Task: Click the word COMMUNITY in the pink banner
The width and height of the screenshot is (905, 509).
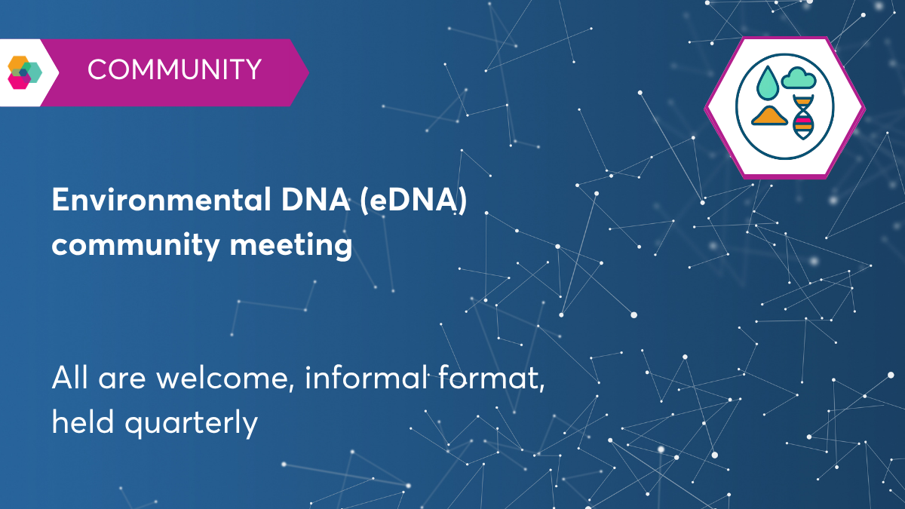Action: pos(174,70)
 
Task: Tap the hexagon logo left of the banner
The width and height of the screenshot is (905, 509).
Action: pos(24,72)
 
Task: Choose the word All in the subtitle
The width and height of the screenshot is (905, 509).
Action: pos(69,377)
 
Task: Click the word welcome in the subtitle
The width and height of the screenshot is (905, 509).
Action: pos(225,377)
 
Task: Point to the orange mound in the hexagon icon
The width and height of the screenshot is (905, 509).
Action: pos(769,116)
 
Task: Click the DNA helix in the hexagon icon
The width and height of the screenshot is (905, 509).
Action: pos(803,118)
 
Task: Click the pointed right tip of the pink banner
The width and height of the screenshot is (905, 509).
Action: pos(305,72)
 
